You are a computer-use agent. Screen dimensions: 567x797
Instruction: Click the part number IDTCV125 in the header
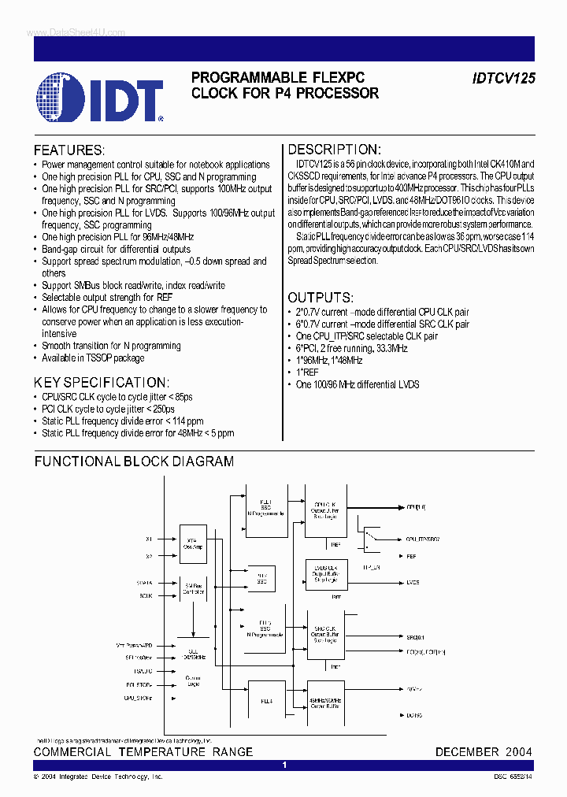(x=503, y=79)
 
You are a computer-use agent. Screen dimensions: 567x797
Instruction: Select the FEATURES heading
(x=69, y=150)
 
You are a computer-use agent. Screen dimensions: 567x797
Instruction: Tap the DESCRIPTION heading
(x=334, y=150)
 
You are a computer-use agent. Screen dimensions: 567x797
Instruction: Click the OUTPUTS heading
(x=320, y=298)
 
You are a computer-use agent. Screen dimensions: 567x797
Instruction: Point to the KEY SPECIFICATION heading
(x=101, y=382)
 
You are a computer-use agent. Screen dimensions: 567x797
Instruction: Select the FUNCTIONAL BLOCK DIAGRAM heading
(x=134, y=462)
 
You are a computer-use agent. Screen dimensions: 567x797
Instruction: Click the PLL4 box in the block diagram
(x=266, y=700)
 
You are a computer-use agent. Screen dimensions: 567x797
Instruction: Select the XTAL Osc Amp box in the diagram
(x=193, y=545)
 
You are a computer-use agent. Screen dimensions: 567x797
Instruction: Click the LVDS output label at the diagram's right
(x=413, y=582)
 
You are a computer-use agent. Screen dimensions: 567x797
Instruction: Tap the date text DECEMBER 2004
(x=484, y=752)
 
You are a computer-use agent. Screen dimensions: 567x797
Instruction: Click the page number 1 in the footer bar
(x=284, y=765)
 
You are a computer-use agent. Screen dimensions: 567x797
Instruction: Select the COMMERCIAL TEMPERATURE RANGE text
(x=143, y=752)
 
